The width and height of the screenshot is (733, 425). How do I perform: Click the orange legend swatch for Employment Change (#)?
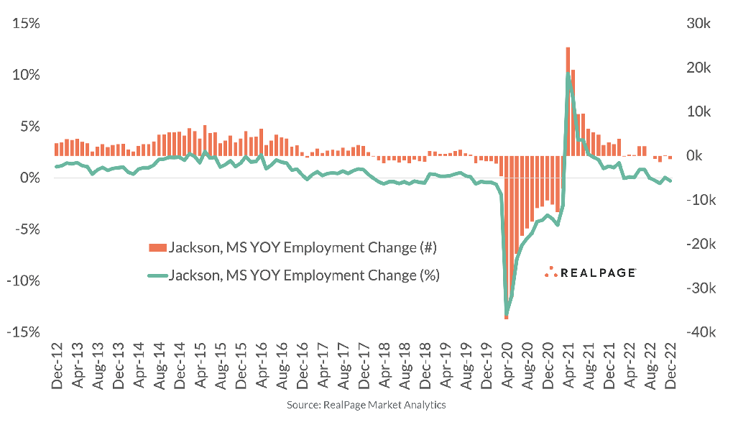(156, 248)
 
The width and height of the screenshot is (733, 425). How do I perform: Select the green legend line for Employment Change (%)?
(156, 275)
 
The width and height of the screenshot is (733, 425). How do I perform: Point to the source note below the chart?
(366, 405)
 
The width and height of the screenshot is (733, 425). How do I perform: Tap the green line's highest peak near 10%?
(568, 74)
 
